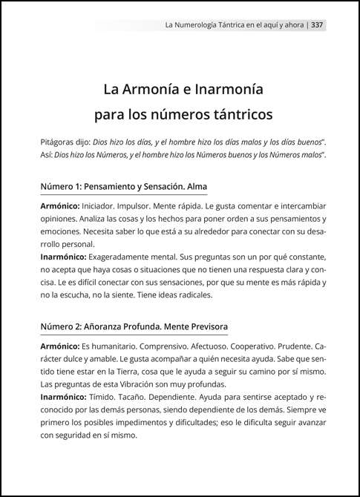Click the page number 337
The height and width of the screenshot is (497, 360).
point(317,24)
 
